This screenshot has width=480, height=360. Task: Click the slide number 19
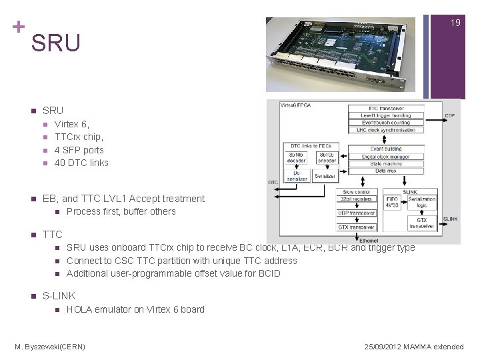pos(455,23)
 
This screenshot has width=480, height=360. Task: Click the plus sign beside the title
pos(18,27)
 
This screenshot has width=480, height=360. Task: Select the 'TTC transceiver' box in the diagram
pos(386,108)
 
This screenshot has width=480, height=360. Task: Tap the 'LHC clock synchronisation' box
pos(386,131)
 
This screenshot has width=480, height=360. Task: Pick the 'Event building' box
pos(386,149)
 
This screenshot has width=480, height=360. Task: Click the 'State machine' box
pos(386,164)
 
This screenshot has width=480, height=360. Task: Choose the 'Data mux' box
pos(386,171)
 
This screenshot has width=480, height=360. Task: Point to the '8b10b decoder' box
pos(297,157)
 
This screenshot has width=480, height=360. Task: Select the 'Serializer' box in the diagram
pos(325,175)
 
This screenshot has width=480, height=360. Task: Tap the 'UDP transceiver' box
pos(357,213)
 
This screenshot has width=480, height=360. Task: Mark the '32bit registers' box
pos(357,199)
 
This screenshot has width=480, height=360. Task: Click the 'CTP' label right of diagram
pos(450,115)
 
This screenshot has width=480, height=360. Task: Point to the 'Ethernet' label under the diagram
pos(368,240)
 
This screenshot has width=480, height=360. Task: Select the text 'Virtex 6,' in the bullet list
pos(71,124)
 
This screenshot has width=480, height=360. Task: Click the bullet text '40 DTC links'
pos(81,163)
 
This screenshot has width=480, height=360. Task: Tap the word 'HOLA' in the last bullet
pos(79,309)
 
